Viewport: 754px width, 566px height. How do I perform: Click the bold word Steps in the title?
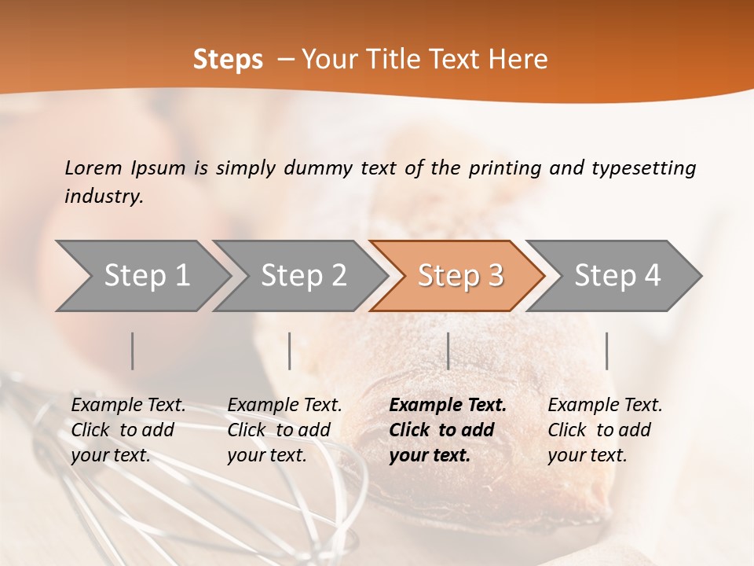[228, 60]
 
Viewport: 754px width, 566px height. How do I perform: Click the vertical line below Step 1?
[133, 351]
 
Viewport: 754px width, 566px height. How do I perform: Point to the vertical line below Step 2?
[290, 351]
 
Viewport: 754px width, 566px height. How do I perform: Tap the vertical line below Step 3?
[448, 351]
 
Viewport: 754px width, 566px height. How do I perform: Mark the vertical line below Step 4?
[606, 351]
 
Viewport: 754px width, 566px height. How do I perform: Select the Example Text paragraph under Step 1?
[128, 429]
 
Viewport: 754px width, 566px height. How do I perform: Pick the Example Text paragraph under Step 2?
[284, 429]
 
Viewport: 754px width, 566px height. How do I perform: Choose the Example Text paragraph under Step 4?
[605, 429]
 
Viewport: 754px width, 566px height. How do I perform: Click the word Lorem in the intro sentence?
[93, 167]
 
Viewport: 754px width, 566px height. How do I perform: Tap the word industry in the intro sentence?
[104, 196]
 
